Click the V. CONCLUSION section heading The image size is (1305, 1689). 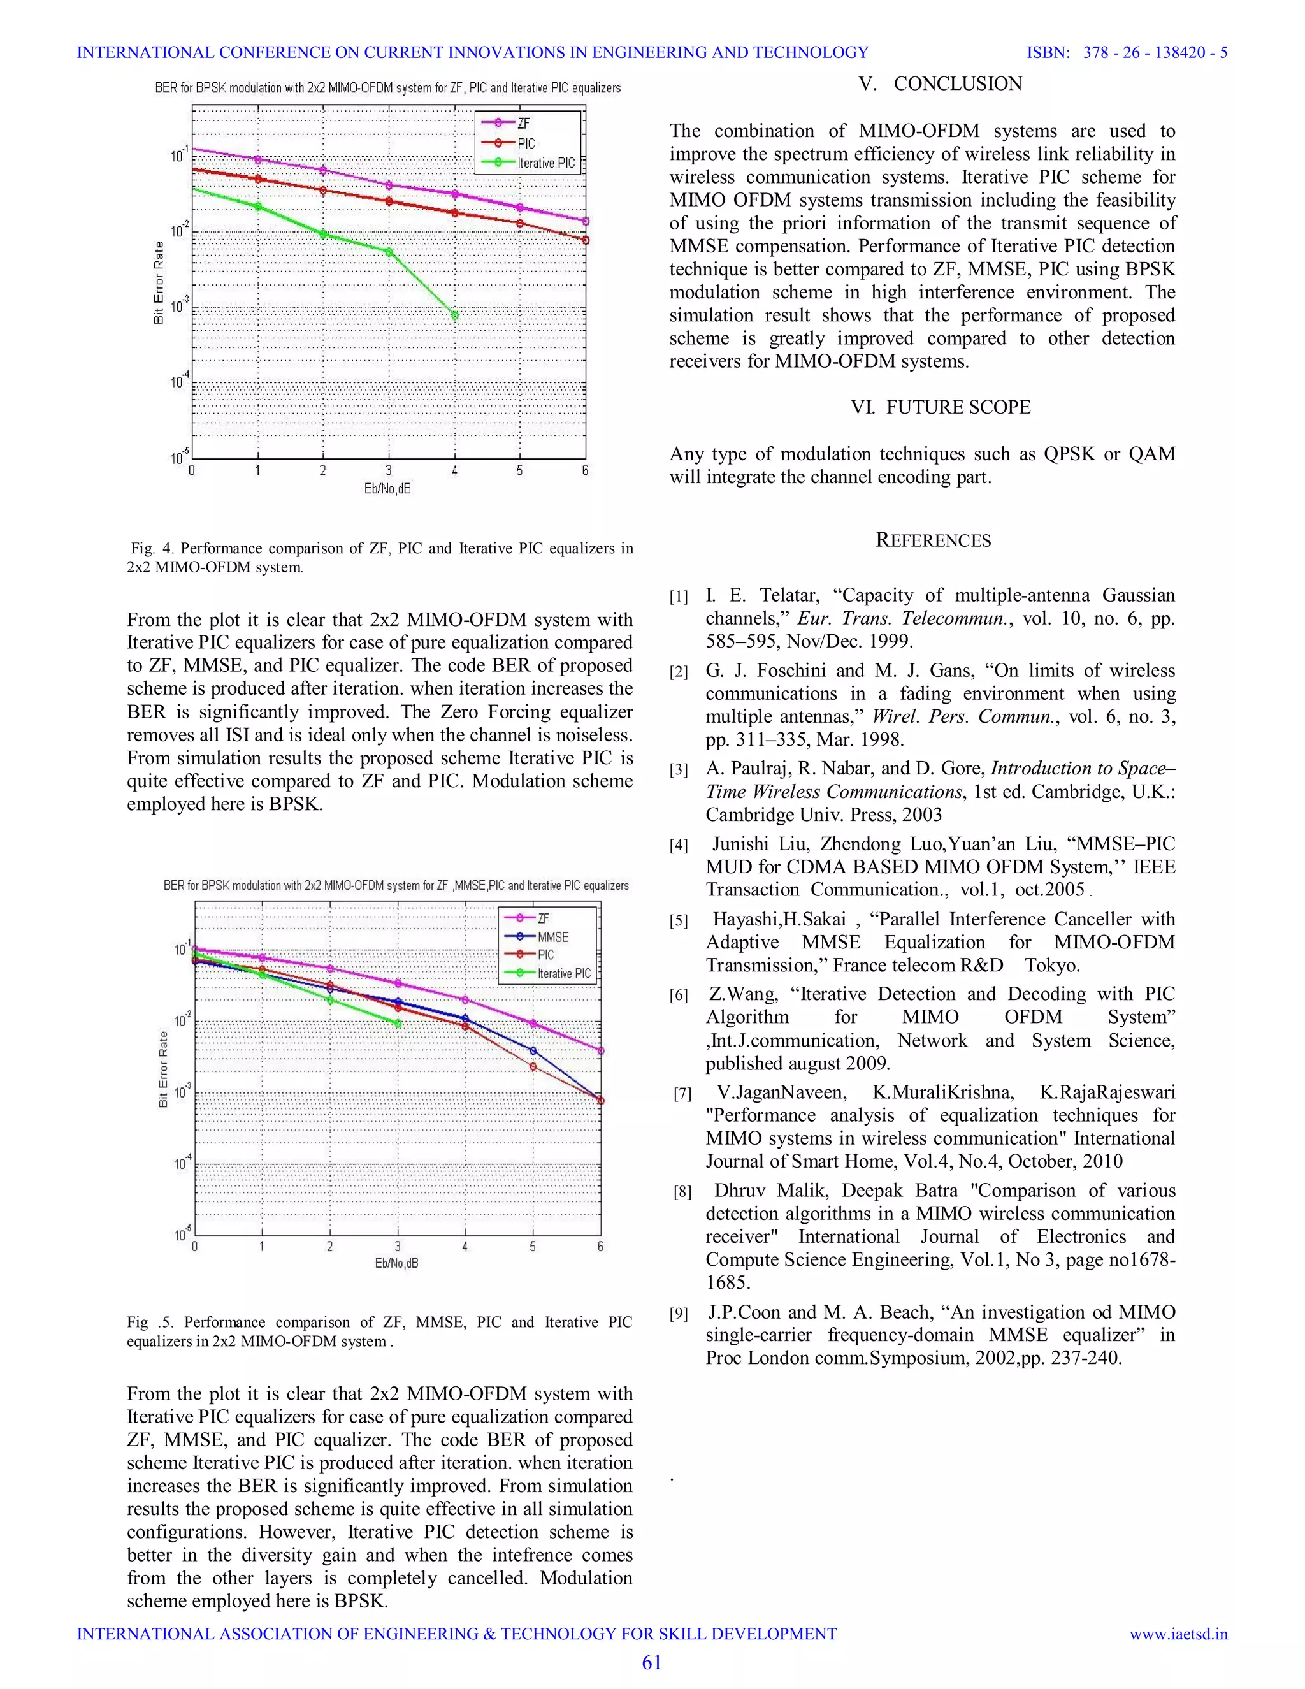[940, 83]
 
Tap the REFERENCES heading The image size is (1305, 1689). [933, 540]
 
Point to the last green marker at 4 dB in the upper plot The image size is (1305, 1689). [454, 315]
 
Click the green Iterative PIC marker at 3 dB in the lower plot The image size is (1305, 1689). [398, 1023]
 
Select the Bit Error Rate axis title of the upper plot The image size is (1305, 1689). [159, 282]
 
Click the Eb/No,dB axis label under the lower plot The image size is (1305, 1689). [396, 1263]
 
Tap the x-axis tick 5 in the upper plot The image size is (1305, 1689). [519, 470]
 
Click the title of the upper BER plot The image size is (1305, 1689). [387, 88]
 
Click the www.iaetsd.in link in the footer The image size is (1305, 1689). [1178, 1634]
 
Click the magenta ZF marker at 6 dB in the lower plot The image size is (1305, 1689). [601, 1051]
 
